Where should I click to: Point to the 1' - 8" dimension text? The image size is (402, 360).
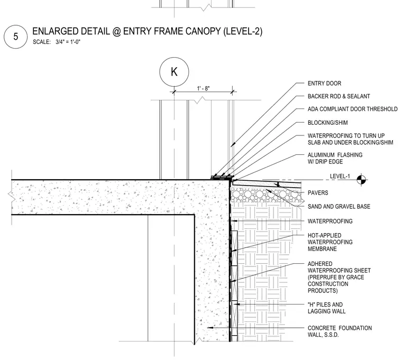pyautogui.click(x=203, y=88)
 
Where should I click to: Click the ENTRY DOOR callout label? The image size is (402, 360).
pyautogui.click(x=324, y=84)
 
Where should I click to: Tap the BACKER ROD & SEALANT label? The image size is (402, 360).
pyautogui.click(x=339, y=96)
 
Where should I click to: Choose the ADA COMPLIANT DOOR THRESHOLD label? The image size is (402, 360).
pyautogui.click(x=352, y=109)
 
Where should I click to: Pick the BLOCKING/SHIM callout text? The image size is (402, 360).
pyautogui.click(x=327, y=123)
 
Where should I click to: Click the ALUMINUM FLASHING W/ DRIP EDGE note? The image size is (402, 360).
pyautogui.click(x=335, y=158)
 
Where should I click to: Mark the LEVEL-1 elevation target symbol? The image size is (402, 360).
pyautogui.click(x=361, y=180)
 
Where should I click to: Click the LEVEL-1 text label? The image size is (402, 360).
pyautogui.click(x=340, y=176)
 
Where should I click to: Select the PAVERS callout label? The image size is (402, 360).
pyautogui.click(x=318, y=192)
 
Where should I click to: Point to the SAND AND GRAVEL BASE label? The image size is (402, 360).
pyautogui.click(x=339, y=206)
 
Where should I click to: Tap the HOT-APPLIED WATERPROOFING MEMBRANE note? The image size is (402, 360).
pyautogui.click(x=330, y=242)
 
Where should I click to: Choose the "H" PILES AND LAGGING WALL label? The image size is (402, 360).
pyautogui.click(x=326, y=308)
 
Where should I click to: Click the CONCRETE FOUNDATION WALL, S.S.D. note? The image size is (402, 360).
pyautogui.click(x=340, y=331)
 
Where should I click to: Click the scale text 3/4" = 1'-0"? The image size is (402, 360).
pyautogui.click(x=68, y=42)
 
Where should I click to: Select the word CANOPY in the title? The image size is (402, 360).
pyautogui.click(x=203, y=31)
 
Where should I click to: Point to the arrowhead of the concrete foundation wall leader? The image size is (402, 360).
pyautogui.click(x=208, y=328)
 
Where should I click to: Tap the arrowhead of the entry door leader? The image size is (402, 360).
pyautogui.click(x=232, y=146)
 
